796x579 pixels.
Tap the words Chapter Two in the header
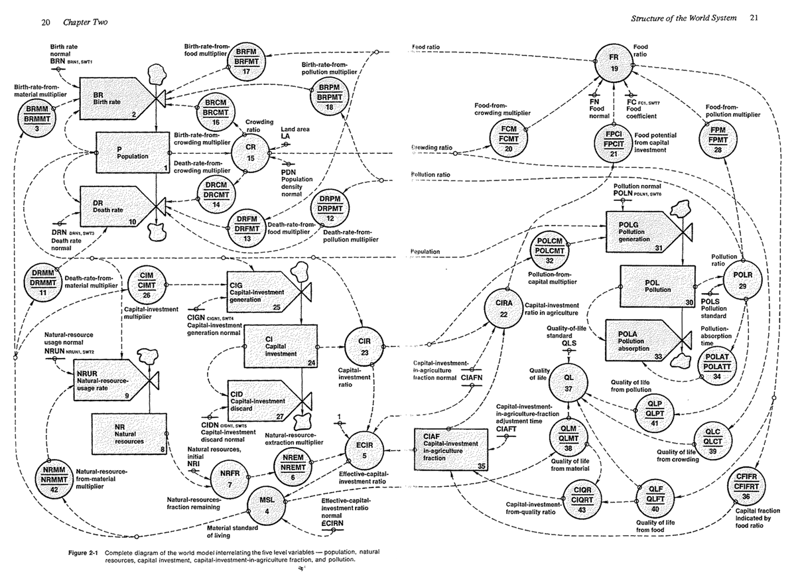[84, 23]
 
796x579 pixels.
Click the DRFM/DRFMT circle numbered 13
[248, 218]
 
